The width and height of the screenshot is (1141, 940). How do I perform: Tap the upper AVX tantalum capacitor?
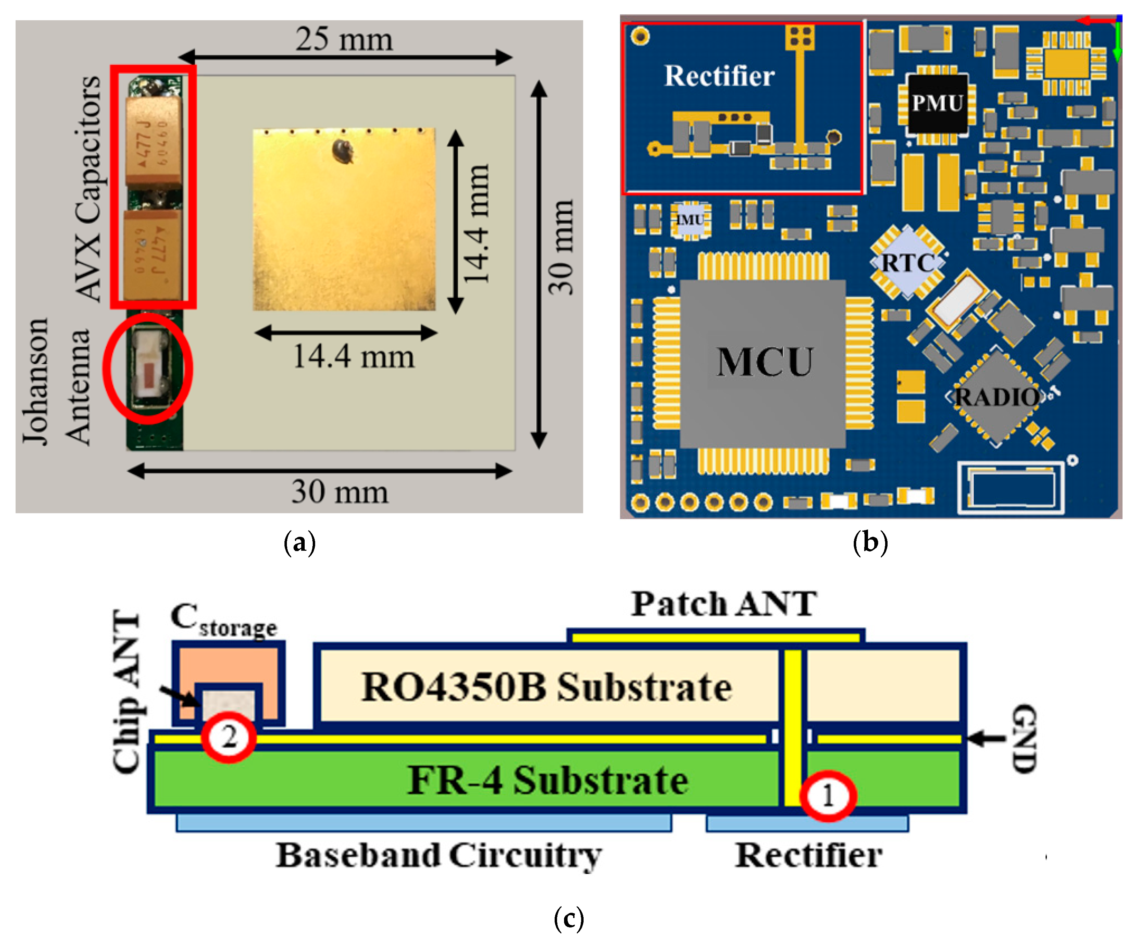pyautogui.click(x=153, y=142)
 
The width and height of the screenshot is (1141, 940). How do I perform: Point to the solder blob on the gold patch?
pyautogui.click(x=343, y=151)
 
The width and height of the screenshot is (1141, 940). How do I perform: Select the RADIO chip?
pyautogui.click(x=996, y=397)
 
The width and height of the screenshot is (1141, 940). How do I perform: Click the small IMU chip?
pyautogui.click(x=690, y=220)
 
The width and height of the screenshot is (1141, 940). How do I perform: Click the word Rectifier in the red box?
pyautogui.click(x=719, y=75)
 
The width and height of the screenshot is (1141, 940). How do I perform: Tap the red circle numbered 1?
pyautogui.click(x=828, y=796)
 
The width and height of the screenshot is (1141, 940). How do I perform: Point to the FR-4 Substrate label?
pyautogui.click(x=547, y=780)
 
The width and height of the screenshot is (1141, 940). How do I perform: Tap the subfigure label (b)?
pyautogui.click(x=870, y=542)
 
